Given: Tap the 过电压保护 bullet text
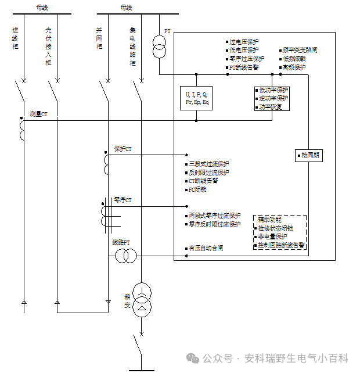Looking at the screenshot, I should click(244, 42).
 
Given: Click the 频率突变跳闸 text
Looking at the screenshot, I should click(300, 51).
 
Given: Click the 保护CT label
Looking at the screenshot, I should click(123, 149).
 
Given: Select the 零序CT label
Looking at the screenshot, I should click(123, 200).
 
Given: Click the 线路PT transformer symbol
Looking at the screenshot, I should click(125, 256).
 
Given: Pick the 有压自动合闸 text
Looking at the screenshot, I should click(206, 248).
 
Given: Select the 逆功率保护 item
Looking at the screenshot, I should click(273, 99).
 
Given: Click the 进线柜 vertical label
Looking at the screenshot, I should click(15, 37).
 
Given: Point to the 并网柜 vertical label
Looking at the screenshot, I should click(100, 37).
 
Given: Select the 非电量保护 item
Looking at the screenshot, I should click(273, 237).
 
